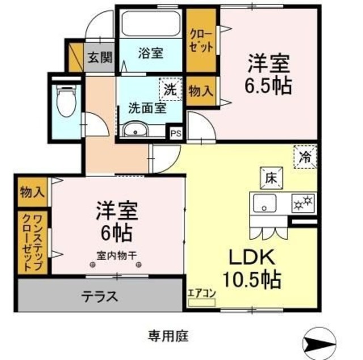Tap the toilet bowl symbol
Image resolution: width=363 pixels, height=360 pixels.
67,100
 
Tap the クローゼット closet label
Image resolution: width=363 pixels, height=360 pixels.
201,41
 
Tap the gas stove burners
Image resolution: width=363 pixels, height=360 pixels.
303,202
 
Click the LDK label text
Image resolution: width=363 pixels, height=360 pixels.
252,258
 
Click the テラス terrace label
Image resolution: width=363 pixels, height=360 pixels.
100,296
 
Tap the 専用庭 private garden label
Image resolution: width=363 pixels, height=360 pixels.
168,335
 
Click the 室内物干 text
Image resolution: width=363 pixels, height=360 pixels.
119,255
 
